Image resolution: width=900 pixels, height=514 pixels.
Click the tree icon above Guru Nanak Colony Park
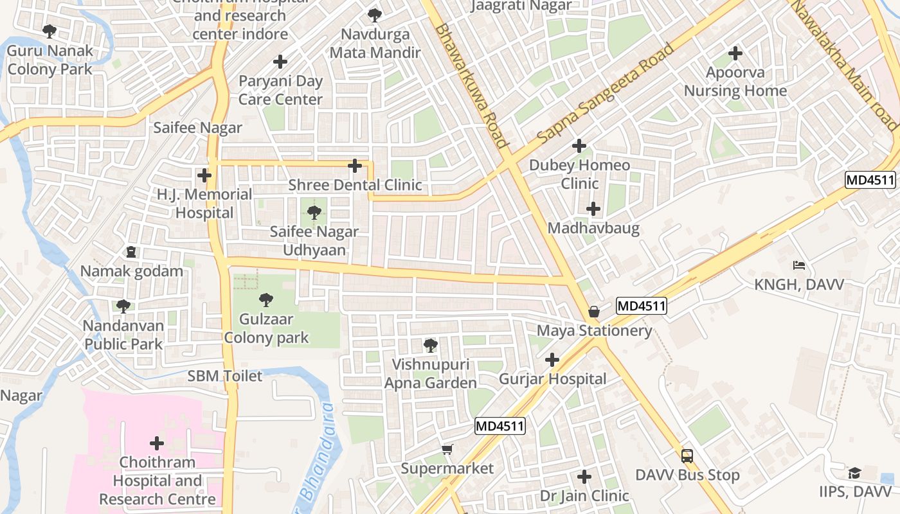[50, 31]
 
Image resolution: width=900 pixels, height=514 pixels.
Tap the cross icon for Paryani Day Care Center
[280, 62]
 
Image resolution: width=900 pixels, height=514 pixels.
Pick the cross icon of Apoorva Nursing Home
[735, 53]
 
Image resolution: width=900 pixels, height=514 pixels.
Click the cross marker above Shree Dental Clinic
[354, 166]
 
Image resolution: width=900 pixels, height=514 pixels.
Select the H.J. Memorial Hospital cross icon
[204, 175]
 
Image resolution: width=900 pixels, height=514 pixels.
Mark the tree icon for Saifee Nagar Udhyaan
[314, 212]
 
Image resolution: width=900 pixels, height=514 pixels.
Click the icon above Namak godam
[132, 251]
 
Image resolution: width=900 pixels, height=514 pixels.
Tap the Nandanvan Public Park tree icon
[123, 306]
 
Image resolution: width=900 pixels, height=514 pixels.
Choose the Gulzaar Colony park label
[266, 328]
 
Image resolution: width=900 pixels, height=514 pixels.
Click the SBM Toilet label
[225, 376]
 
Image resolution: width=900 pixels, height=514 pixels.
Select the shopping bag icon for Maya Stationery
[594, 312]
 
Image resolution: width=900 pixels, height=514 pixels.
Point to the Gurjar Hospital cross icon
[552, 360]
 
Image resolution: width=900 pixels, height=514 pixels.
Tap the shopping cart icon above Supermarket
[447, 449]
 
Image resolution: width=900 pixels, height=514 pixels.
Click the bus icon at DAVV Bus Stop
[687, 456]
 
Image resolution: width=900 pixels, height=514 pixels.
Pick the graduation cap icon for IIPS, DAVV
[854, 473]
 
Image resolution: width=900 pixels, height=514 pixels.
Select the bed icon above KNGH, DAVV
[799, 265]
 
